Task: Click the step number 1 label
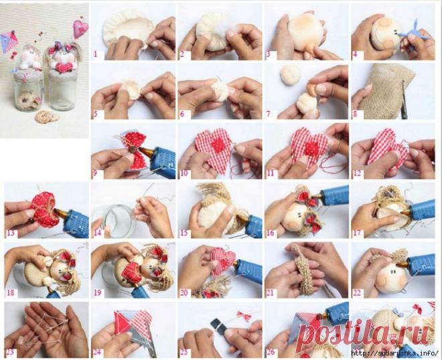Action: (x=95, y=54)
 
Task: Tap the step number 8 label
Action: (x=355, y=114)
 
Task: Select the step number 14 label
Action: (x=98, y=233)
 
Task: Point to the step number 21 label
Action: (x=270, y=292)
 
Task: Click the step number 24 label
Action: (x=98, y=353)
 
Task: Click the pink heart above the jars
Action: (x=80, y=29)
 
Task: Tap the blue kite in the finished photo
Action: (x=9, y=42)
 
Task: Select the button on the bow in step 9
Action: (x=131, y=148)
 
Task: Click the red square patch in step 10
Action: (x=218, y=146)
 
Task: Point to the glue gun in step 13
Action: (x=72, y=221)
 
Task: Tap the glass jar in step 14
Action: (x=114, y=219)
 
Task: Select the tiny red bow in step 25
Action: (x=243, y=316)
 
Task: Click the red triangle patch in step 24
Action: (x=122, y=323)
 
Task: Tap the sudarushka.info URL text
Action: (x=395, y=353)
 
